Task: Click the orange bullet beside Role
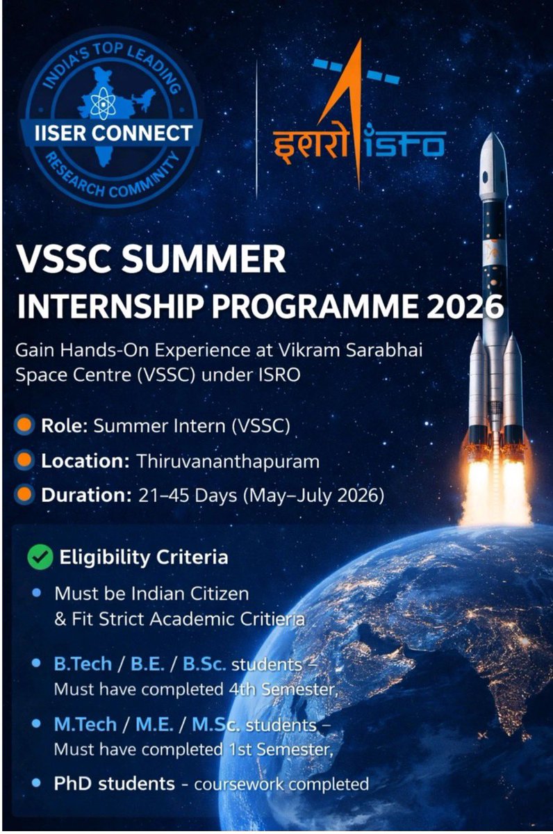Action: coord(24,426)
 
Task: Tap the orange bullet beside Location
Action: coord(24,461)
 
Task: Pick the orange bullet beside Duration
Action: coord(24,496)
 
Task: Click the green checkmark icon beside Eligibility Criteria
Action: coord(40,557)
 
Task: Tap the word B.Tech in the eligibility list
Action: coord(83,664)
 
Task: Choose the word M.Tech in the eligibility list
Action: coord(85,724)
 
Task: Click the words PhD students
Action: coord(115,784)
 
